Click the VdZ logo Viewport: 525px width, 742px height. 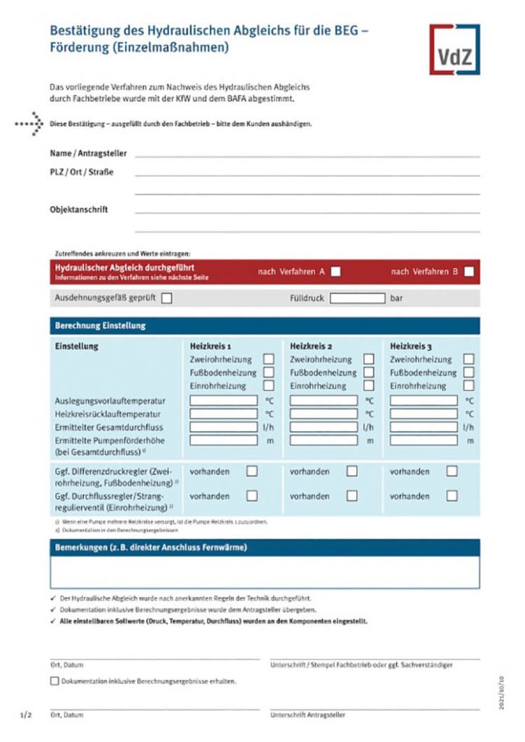coord(453,49)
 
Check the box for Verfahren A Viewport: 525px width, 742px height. coord(335,272)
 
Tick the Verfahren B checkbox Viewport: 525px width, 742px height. coord(469,272)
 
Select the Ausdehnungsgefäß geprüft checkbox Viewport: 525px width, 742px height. coord(167,298)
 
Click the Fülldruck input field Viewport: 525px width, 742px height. coord(358,298)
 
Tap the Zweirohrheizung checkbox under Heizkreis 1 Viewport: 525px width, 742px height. coord(269,359)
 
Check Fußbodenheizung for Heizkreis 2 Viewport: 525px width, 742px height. coord(369,372)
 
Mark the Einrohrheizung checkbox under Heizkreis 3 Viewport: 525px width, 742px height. coord(469,385)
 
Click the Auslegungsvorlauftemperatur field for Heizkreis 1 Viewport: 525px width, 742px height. coord(223,400)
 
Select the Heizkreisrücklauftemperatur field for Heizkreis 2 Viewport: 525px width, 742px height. coord(323,414)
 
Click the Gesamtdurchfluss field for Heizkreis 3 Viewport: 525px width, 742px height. coord(423,427)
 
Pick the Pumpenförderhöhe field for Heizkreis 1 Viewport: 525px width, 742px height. coord(223,441)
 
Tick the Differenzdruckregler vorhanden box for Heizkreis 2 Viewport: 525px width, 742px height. coord(352,471)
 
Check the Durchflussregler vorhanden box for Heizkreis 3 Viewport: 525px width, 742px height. coord(452,496)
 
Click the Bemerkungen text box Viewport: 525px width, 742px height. coord(264,572)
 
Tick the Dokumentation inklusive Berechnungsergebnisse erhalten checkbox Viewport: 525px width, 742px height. coord(55,681)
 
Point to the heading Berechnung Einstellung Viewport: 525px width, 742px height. coord(101,326)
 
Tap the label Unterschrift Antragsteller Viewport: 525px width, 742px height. coord(308,714)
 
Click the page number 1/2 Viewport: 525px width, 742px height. coord(26,714)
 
